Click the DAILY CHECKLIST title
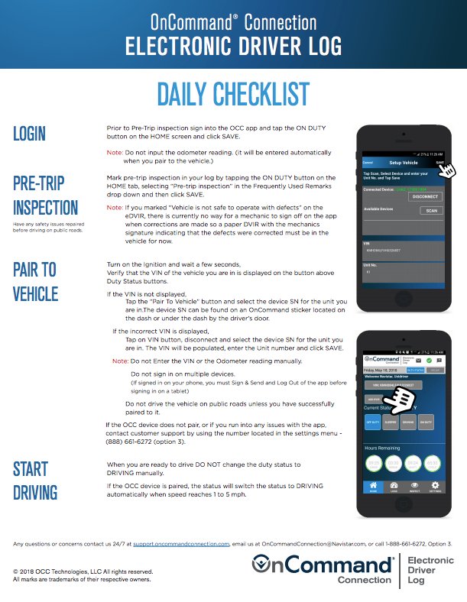[x=233, y=95]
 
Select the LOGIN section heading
[x=30, y=134]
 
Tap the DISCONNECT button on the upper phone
[x=424, y=196]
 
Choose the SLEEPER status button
[x=390, y=422]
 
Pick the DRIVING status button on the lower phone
[x=408, y=422]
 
